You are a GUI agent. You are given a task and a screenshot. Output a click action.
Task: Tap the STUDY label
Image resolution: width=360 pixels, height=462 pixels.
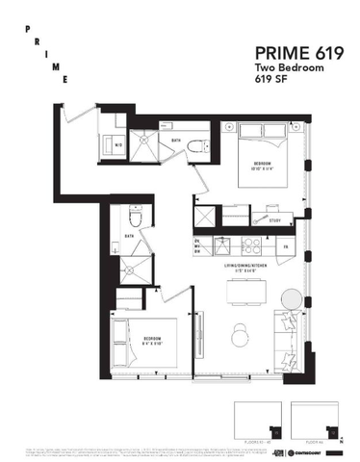point(274,221)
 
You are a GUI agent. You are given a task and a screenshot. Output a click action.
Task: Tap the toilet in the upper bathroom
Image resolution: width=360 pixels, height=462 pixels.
point(198,145)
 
